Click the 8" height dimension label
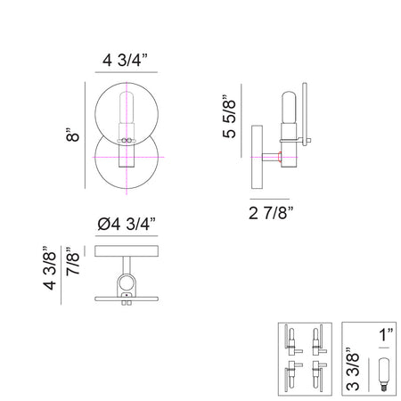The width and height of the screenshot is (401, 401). (x=72, y=135)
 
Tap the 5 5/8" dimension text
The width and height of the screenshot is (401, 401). (x=229, y=117)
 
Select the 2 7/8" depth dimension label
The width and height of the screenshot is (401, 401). (x=271, y=213)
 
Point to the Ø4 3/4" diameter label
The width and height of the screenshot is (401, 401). (x=127, y=225)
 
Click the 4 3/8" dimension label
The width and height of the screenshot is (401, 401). (x=50, y=268)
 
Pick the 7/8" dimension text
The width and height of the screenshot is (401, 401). (x=73, y=261)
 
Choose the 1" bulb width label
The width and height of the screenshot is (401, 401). (x=385, y=335)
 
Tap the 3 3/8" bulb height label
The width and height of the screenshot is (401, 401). (x=353, y=369)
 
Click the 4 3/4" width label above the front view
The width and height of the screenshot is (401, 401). (x=125, y=61)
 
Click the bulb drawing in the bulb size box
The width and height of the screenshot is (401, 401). (x=384, y=374)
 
